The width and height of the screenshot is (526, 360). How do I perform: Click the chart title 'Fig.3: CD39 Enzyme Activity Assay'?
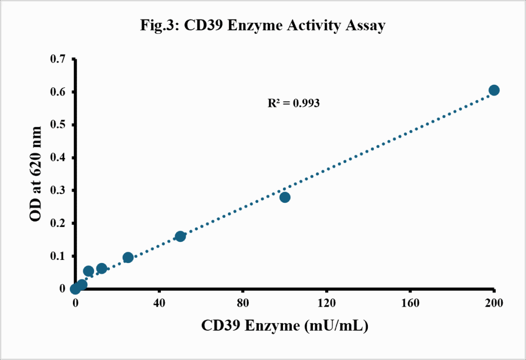click(262, 26)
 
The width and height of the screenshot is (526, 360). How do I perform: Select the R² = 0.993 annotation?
click(293, 103)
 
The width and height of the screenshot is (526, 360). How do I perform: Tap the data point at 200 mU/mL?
click(494, 90)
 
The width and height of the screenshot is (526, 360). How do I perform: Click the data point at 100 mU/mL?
click(285, 197)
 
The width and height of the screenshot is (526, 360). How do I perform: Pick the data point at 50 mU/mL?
click(180, 236)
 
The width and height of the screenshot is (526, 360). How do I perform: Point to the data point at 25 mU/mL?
click(128, 258)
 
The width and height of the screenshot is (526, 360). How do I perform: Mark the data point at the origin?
click(76, 289)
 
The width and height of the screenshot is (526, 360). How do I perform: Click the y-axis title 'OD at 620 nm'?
click(35, 174)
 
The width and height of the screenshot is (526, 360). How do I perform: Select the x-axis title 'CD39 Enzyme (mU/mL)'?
click(285, 326)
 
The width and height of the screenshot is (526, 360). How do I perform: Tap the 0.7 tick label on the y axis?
click(58, 59)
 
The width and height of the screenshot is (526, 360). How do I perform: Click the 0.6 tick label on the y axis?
click(58, 92)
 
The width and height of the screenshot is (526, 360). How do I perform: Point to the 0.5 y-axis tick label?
click(58, 125)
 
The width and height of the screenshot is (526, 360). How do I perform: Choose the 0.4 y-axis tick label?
click(58, 158)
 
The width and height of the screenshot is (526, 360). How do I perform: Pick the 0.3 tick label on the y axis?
click(58, 190)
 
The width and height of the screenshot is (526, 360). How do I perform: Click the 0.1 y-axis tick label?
click(58, 256)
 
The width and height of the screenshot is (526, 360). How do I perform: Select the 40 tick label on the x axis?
click(159, 304)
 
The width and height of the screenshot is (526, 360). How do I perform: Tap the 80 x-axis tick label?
click(243, 304)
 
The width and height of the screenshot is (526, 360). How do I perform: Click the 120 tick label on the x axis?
click(326, 304)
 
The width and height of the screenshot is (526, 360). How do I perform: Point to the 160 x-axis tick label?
click(410, 304)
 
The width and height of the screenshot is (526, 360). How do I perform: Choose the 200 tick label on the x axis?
click(494, 304)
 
